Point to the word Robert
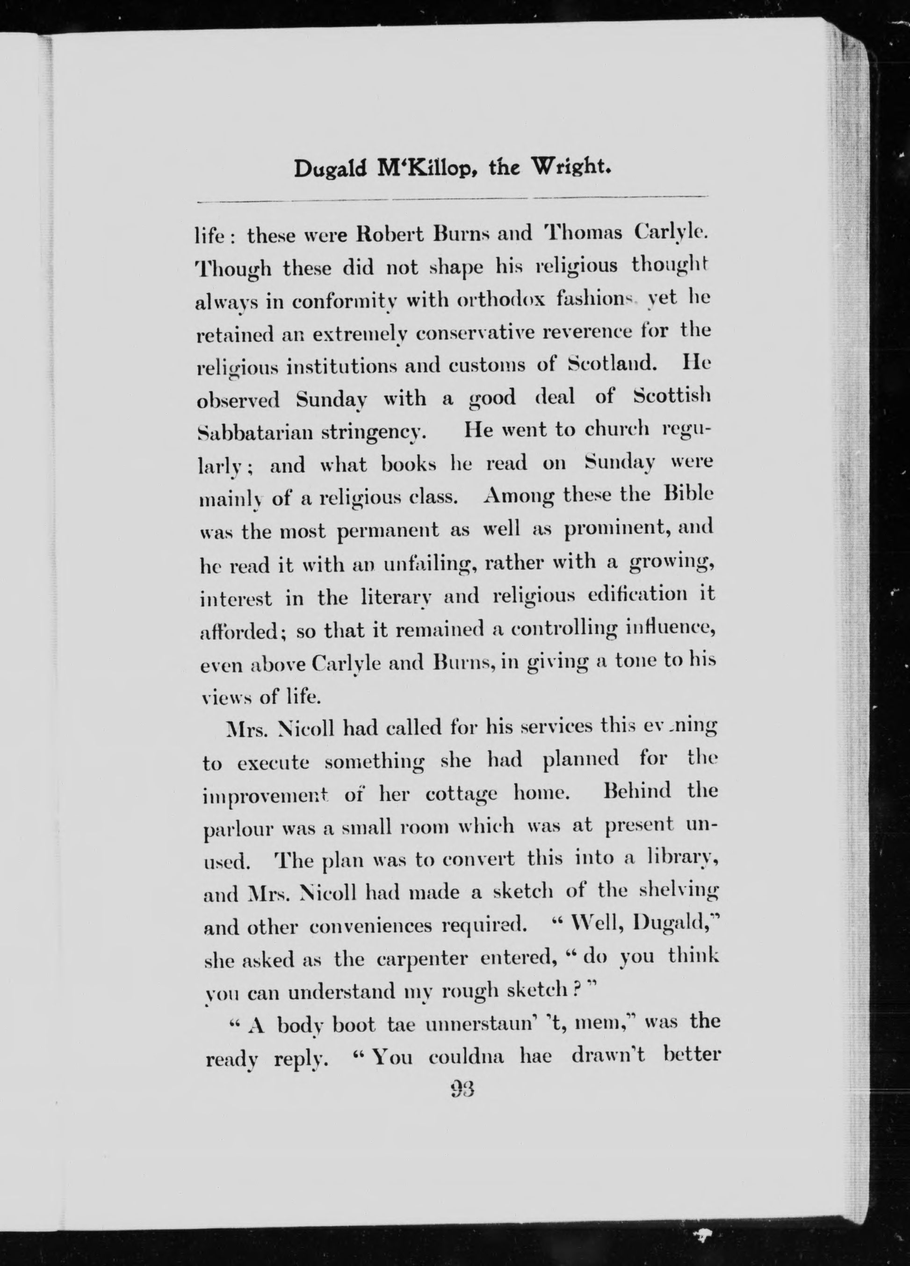click(389, 234)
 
